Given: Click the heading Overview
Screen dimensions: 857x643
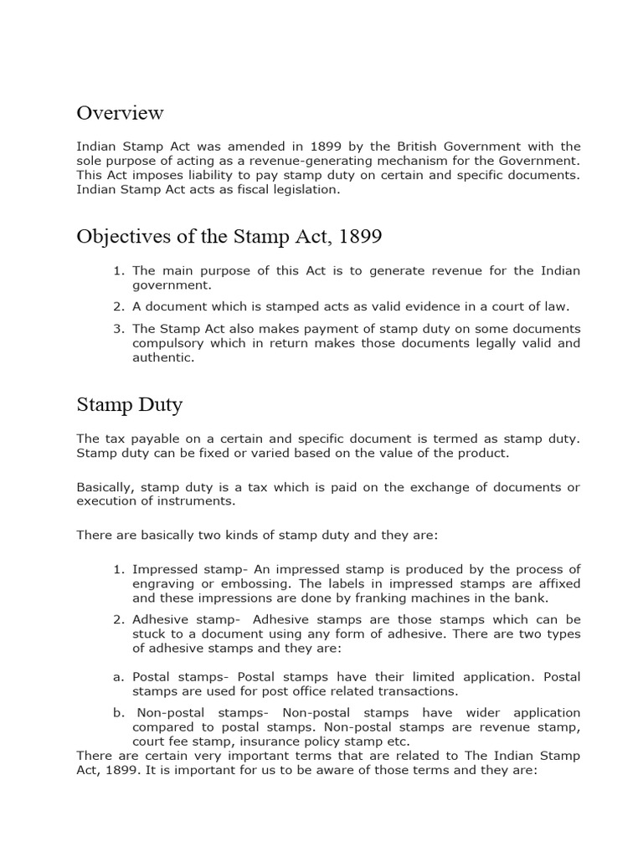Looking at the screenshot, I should (x=120, y=112).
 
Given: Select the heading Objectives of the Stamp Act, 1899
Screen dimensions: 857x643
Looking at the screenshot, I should (x=229, y=237).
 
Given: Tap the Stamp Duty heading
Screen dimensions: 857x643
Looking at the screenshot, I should (x=129, y=405).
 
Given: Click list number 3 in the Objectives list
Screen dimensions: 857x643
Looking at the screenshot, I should (x=117, y=329).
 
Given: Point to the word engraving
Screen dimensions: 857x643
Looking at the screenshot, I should (x=163, y=583).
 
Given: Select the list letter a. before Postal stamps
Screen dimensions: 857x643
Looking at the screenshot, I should (x=117, y=676).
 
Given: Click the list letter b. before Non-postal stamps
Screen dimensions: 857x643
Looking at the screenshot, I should (x=117, y=712).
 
